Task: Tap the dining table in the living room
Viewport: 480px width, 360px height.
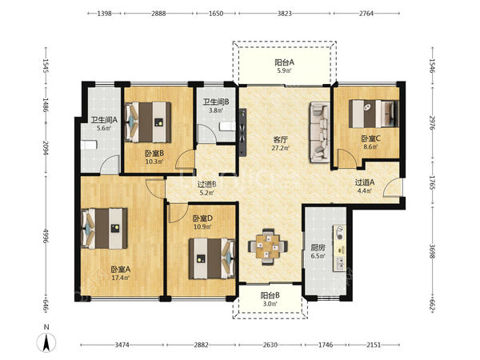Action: [x=268, y=246]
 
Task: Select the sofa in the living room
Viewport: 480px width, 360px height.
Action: [x=319, y=132]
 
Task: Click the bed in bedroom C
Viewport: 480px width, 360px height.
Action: [x=374, y=114]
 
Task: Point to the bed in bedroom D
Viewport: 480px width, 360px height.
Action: [x=212, y=258]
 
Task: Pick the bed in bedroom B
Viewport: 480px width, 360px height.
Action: [x=148, y=122]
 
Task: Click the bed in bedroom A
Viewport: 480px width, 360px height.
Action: [x=104, y=229]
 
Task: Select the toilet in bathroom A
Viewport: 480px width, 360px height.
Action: [x=89, y=145]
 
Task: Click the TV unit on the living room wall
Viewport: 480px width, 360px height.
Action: [x=242, y=132]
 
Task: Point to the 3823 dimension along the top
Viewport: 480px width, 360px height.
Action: [x=284, y=14]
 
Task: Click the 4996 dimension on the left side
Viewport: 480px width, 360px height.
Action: [x=46, y=236]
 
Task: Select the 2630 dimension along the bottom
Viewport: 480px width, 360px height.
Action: [x=270, y=345]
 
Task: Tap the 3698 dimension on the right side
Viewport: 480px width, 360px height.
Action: [x=432, y=251]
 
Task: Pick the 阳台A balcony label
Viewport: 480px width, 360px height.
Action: [x=284, y=62]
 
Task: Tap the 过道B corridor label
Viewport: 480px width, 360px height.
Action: [x=207, y=184]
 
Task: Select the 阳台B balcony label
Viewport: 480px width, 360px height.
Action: [x=270, y=295]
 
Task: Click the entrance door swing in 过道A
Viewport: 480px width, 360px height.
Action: [x=392, y=186]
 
